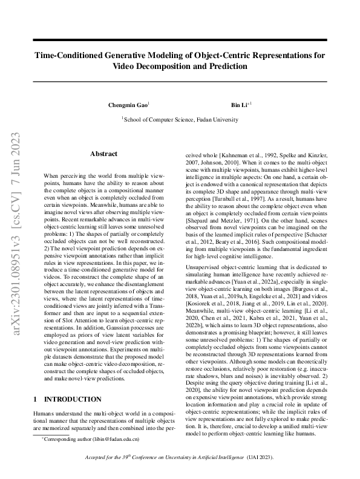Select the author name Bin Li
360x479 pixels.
coord(240,105)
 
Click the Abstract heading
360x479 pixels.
coord(103,154)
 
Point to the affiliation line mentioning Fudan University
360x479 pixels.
coord(180,120)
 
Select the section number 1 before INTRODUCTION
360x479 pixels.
coord(35,399)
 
